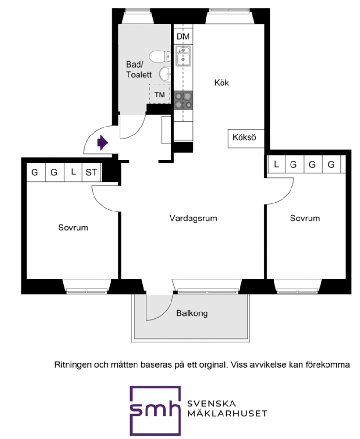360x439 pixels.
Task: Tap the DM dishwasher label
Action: [183, 37]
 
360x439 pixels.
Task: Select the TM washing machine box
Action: [160, 94]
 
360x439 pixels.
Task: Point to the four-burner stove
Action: [183, 100]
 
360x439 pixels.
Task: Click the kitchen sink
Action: [183, 56]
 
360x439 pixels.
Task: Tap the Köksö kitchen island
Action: [244, 138]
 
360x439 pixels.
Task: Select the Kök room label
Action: [222, 83]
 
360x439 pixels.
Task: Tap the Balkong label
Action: [192, 313]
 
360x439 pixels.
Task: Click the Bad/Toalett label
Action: [138, 69]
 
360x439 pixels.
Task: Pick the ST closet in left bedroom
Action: [91, 173]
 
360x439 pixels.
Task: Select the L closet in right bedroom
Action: [276, 165]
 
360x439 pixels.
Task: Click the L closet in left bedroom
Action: [73, 172]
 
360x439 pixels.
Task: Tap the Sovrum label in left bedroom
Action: [73, 228]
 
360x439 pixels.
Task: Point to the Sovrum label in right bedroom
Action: [305, 219]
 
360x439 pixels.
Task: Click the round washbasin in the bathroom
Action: [165, 74]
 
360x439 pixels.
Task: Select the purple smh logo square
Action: [155, 410]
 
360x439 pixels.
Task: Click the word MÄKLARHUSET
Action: [227, 414]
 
